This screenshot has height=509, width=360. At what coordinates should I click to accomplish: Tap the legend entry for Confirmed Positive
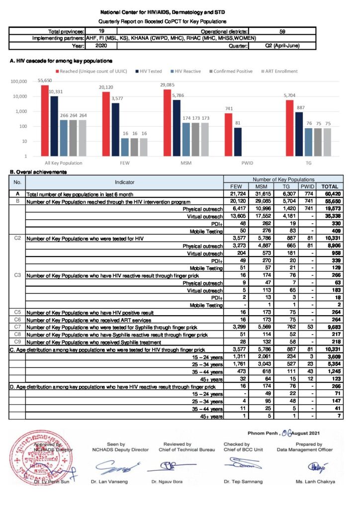(234, 71)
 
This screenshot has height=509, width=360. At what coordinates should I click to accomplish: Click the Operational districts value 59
(282, 31)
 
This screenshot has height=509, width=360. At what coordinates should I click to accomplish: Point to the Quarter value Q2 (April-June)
(282, 45)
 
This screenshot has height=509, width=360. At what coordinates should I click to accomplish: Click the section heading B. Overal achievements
(39, 172)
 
